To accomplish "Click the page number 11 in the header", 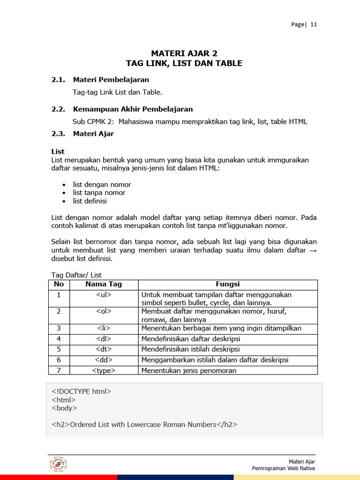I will [x=314, y=25].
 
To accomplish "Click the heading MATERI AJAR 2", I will [x=184, y=53].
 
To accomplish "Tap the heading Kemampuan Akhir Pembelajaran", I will [x=133, y=109].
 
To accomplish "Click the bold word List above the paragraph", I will [x=58, y=151].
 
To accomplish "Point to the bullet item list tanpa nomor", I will [x=99, y=193].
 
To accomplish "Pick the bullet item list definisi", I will [x=90, y=201].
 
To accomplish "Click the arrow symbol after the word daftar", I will [x=313, y=251].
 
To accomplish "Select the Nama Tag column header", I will [x=104, y=284].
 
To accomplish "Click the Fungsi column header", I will [x=227, y=284].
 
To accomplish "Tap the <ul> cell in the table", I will [x=104, y=295].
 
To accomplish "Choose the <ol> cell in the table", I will [x=104, y=311].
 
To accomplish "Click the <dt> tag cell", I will [x=104, y=349].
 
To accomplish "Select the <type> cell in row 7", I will [x=104, y=370].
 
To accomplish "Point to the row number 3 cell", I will [x=59, y=328].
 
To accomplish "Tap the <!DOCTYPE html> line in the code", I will [x=82, y=391].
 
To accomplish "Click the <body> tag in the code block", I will [x=64, y=408].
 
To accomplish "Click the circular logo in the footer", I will [x=59, y=465].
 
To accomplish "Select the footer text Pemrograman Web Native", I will [x=283, y=468].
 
